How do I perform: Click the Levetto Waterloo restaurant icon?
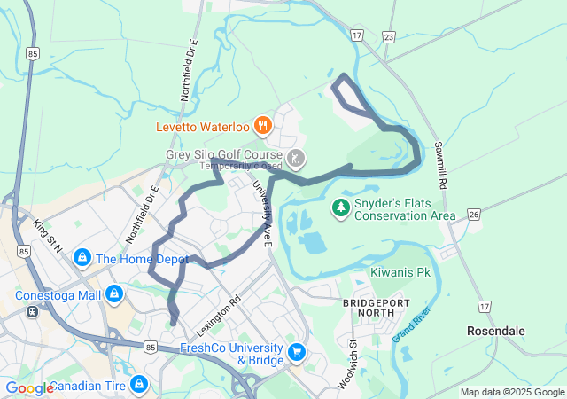click(262, 125)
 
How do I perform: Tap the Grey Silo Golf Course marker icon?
click(296, 160)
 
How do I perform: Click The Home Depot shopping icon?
click(82, 259)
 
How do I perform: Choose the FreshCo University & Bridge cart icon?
click(296, 352)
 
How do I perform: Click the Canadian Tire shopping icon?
click(138, 384)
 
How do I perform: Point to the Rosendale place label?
click(496, 331)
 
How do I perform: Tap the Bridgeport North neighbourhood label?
click(375, 309)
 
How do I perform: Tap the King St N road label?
click(46, 236)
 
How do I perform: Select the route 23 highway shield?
click(388, 36)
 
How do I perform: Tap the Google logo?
click(28, 387)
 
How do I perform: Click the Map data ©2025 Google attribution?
click(512, 392)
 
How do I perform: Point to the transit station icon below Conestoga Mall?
click(33, 311)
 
